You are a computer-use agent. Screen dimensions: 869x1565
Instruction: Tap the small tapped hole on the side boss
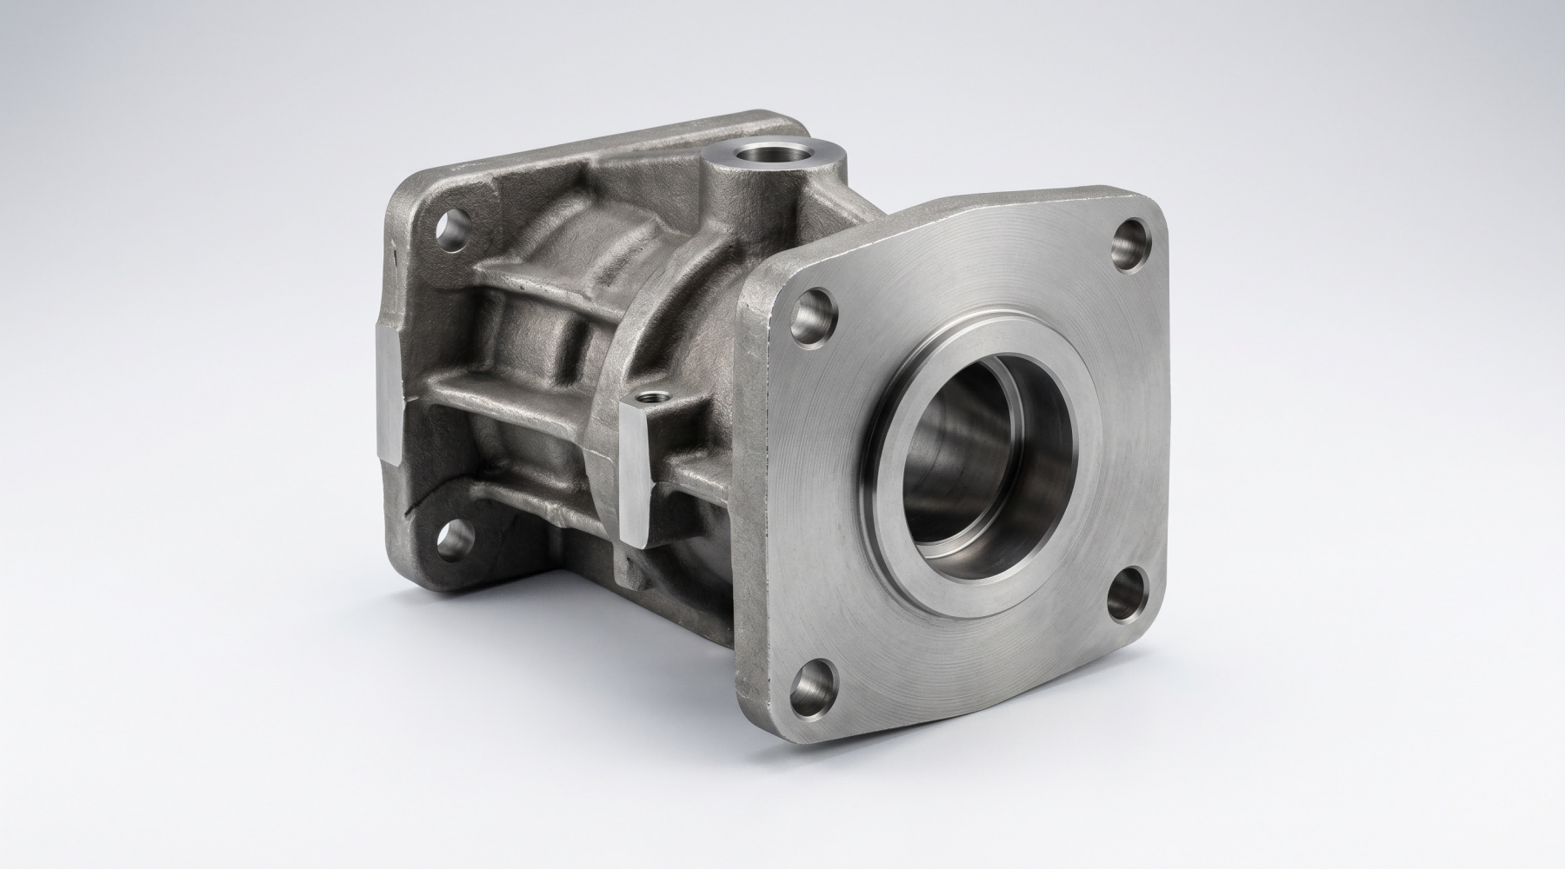[649, 401]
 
